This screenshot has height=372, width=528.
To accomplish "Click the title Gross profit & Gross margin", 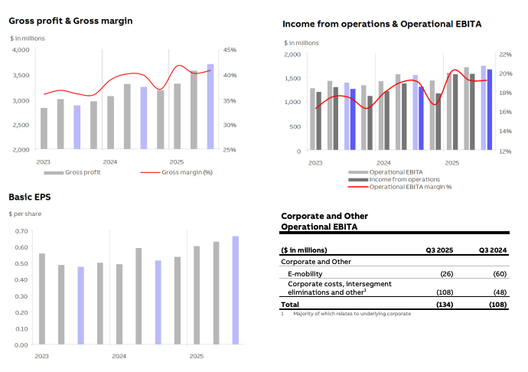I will pos(70,21).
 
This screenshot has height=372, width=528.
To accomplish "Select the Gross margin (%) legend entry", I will pos(187,172).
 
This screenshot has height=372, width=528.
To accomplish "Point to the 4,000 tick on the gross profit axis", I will pos(21,50).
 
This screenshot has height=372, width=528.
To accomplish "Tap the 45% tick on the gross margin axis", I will pos(230,50).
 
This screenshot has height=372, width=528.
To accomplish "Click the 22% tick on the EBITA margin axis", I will pos(504,54).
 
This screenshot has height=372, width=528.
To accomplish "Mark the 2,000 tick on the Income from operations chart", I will pos(292,54).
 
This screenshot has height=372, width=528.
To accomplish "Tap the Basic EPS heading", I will pos(30,197).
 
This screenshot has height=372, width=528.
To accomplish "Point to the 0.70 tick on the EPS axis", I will pos(21,230).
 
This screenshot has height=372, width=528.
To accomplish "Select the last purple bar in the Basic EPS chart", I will pos(236,290).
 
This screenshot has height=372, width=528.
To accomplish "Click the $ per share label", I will pos(25,214).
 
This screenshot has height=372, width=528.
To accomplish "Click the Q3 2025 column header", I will pos(440,250).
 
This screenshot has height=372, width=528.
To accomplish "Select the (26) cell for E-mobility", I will pos(448,273).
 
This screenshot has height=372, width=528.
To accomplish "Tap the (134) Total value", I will pos(445,305).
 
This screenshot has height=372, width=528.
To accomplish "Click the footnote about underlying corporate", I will pos(351,313).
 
